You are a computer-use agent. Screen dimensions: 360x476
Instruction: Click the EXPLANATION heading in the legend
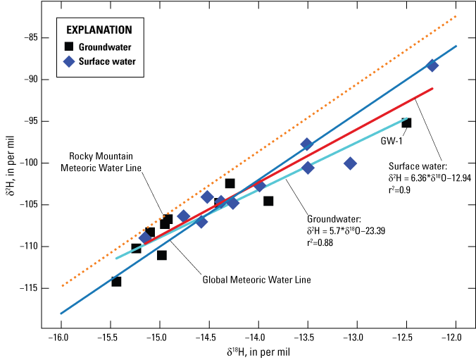pos(99,30)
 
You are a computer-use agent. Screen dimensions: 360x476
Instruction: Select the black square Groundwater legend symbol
pos(69,47)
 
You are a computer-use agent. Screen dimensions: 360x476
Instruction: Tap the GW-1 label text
pos(392,140)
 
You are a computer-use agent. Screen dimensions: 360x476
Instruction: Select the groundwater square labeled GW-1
pos(406,123)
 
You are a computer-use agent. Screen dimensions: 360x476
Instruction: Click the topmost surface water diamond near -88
pos(432,66)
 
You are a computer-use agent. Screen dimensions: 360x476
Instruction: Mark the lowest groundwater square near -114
pos(116,281)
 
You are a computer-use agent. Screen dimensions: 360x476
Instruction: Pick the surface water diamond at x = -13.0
pos(350,163)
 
